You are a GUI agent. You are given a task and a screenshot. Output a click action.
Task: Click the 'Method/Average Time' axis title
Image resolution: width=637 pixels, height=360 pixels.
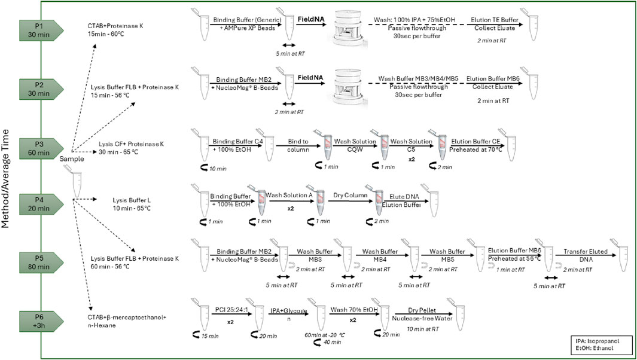pyautogui.click(x=7, y=179)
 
